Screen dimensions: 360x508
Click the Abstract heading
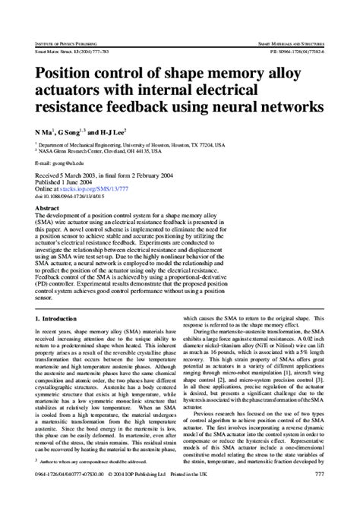pyautogui.click(x=47, y=207)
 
